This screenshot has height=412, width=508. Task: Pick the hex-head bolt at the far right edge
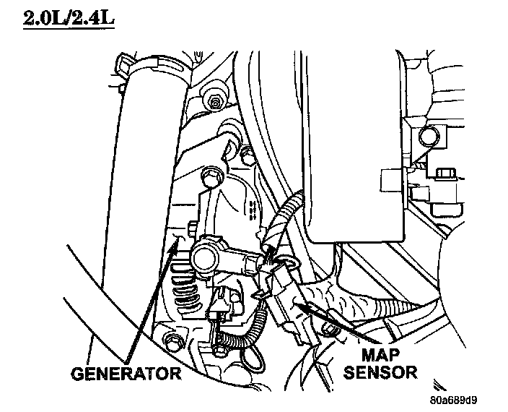pos(444,173)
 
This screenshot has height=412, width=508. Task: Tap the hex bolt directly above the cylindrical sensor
pos(211,175)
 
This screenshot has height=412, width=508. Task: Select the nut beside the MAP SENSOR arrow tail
pos(332,330)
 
